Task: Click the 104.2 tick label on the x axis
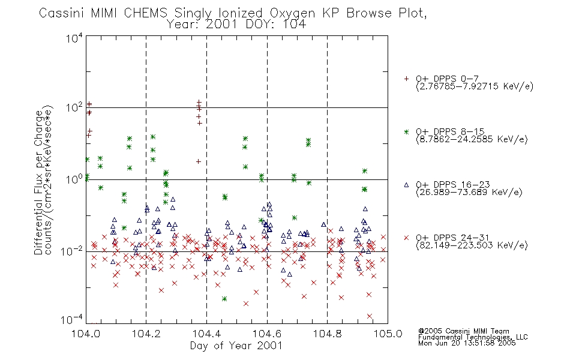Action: (x=146, y=334)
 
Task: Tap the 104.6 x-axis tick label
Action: (x=267, y=334)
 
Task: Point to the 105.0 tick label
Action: (x=388, y=334)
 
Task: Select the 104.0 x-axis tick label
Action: (x=86, y=334)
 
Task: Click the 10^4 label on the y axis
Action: (x=74, y=38)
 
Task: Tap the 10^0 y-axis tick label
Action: (x=74, y=179)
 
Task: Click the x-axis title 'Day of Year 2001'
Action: (x=236, y=346)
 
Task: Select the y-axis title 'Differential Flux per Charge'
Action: (x=38, y=183)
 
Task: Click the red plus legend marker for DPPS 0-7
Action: (x=406, y=79)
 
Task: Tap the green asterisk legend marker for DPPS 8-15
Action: (x=406, y=131)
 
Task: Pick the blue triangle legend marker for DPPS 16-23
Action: (x=406, y=185)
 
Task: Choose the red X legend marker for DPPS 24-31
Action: (x=406, y=238)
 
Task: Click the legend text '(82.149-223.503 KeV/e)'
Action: (x=472, y=245)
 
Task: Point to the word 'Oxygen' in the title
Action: (x=293, y=13)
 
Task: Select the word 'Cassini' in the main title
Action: (x=61, y=13)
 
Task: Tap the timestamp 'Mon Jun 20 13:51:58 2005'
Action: (x=467, y=343)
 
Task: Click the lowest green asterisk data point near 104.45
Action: (x=224, y=299)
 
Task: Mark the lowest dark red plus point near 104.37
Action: (x=199, y=161)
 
